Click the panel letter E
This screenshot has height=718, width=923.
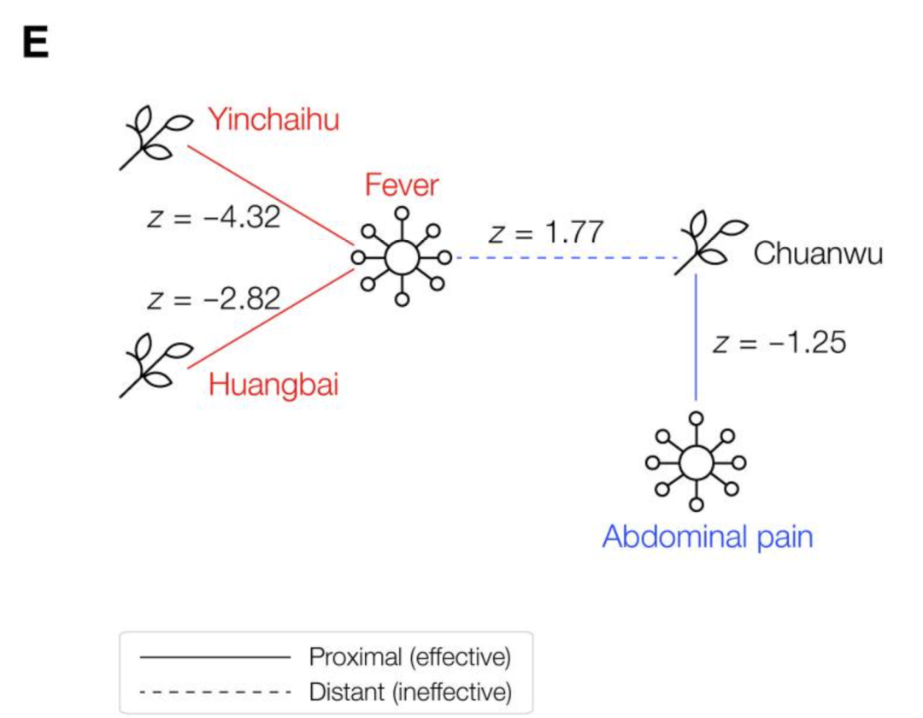35,45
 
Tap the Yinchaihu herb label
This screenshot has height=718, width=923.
274,120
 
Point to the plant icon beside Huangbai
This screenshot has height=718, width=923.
154,366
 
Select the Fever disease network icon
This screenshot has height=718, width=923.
401,256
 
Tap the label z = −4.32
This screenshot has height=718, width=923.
214,218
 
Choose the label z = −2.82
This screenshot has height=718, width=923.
214,299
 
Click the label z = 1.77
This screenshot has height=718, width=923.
547,232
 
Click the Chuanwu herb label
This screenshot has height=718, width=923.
818,255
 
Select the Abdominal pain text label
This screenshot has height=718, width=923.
708,537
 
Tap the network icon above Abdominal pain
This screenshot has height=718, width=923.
696,462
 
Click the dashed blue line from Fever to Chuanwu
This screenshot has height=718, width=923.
564,257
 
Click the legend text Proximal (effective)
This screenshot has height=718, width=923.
409,657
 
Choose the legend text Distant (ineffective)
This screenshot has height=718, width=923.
410,691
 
